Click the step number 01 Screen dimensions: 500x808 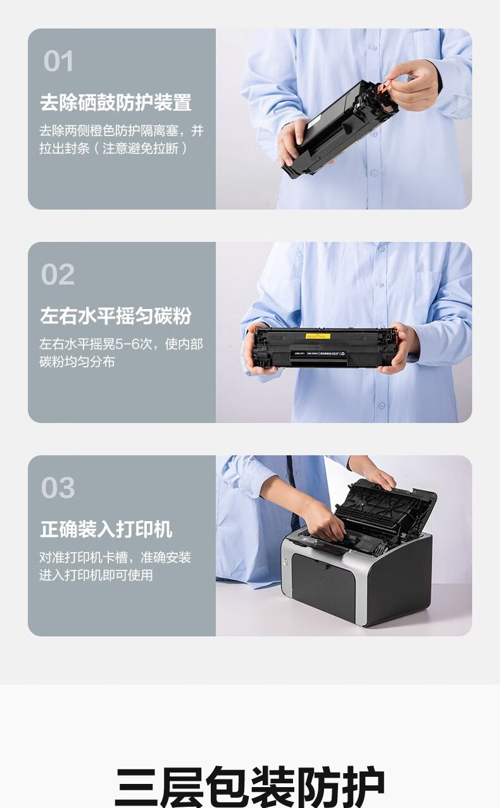coord(58,61)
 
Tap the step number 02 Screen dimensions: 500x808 coord(58,274)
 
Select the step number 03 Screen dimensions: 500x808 coord(58,488)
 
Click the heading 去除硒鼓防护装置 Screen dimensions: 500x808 coord(116,103)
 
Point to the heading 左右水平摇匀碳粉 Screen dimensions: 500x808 coord(116,316)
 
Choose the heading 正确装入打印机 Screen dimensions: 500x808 coord(106,529)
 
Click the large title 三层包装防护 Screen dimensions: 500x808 coord(250,788)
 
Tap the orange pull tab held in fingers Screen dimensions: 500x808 coord(385,87)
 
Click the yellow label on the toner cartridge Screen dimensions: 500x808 coord(318,336)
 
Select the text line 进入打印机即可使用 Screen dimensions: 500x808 coord(96,575)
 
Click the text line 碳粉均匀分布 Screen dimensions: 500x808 coord(77,362)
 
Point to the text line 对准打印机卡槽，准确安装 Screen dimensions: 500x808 coord(115,557)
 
